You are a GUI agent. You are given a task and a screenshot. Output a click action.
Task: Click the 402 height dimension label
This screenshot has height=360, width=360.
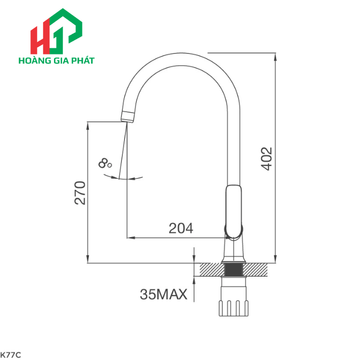coord(266,159)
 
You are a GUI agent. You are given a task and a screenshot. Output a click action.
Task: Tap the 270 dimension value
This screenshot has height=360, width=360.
coord(80,193)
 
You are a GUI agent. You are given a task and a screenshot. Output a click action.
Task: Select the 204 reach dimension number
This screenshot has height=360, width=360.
coord(181,228)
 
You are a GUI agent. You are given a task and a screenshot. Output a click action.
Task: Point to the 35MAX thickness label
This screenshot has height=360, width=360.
coord(163,295)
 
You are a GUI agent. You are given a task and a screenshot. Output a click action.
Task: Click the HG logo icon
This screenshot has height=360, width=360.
coord(56,31)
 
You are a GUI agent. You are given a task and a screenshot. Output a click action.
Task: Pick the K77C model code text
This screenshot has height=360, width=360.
coord(10,354)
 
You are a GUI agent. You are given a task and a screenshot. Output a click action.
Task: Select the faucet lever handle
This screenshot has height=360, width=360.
coord(233,211)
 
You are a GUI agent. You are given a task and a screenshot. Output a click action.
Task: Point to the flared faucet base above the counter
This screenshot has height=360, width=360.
coord(234,254)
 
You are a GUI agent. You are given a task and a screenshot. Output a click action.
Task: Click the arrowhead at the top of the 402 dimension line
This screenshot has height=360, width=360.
coord(276,56)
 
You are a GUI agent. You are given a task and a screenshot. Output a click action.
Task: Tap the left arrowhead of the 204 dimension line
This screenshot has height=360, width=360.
coord(130,238)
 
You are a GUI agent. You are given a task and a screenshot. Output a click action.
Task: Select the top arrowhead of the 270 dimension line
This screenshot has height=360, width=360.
coord(87,124)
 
